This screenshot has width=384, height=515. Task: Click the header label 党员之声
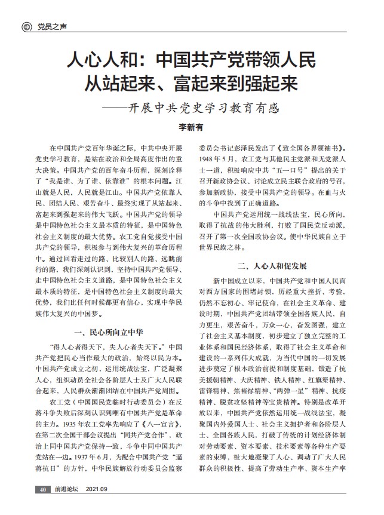(50, 27)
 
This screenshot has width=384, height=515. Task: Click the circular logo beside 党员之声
(26, 27)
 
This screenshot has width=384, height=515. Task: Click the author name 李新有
(192, 127)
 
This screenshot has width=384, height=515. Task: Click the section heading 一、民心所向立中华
(107, 331)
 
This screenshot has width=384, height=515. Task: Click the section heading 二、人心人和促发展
(272, 265)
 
